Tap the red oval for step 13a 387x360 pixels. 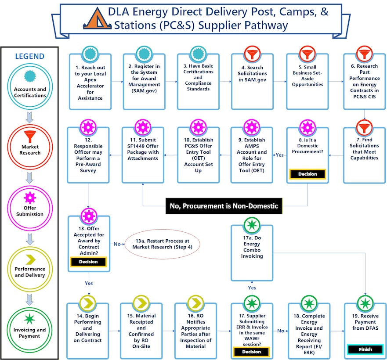tap(162, 244)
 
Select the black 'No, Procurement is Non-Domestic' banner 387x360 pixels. tap(224, 205)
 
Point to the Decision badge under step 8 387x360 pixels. tap(307, 174)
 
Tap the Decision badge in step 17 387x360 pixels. tap(252, 352)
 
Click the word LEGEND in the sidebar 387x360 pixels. tap(29, 56)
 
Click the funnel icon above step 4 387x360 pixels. tap(252, 55)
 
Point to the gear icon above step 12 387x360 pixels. tap(89, 128)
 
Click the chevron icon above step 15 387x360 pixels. tap(142, 303)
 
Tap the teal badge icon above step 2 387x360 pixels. tap(144, 55)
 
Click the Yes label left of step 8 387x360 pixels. tap(279, 155)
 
